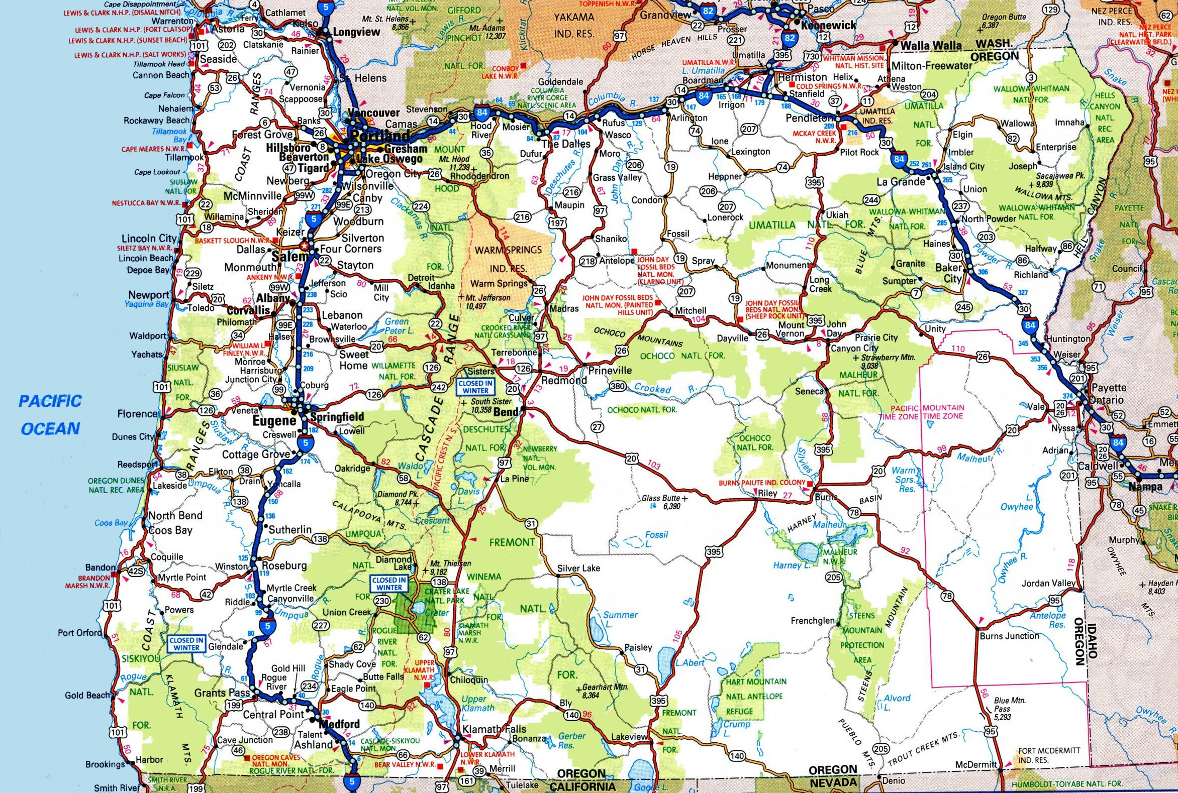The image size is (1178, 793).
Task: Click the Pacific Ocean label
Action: (x=51, y=415)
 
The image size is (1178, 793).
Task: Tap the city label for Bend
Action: (x=506, y=412)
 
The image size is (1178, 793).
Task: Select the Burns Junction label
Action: (x=1009, y=636)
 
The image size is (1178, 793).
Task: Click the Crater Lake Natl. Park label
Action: (x=447, y=596)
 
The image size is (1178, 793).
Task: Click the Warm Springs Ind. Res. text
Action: (x=508, y=259)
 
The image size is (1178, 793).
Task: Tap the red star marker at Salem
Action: (x=304, y=245)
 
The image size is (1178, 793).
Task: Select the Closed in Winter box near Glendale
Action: (x=186, y=644)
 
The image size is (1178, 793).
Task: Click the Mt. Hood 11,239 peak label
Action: (x=454, y=163)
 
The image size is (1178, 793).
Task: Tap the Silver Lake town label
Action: (x=578, y=569)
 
